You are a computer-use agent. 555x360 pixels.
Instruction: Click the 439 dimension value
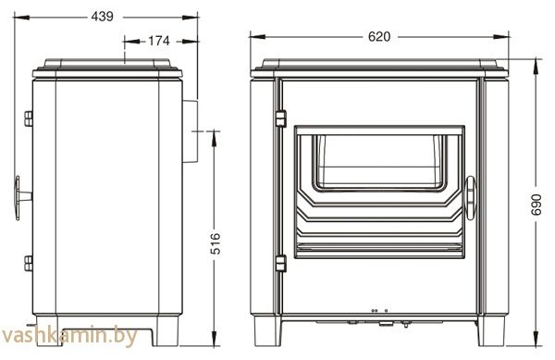pos(102,17)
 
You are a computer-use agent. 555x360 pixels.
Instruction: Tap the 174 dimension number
pos(158,41)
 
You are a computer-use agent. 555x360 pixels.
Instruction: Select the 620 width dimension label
pos(378,36)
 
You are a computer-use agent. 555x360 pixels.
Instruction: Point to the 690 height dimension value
pos(536,205)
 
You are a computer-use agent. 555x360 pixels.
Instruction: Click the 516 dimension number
pos(216,243)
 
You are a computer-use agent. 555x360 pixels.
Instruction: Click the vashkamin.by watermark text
pos(69,336)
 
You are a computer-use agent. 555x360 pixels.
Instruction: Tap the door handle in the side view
pos(22,198)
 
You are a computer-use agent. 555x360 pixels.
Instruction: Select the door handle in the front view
pos(471,198)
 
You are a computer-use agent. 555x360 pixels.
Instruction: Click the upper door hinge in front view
pos(280,118)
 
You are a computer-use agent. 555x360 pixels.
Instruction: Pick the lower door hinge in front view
pos(280,264)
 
